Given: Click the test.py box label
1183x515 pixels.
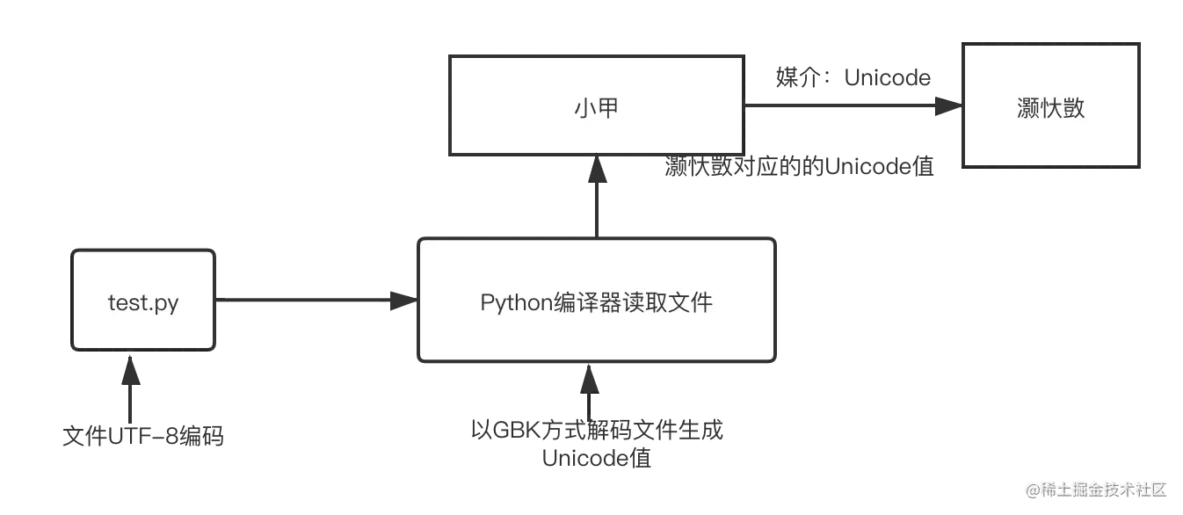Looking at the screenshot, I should pos(143,303).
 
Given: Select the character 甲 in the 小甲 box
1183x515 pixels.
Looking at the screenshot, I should pos(609,109).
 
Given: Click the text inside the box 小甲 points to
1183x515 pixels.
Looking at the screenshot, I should pos(1051,108).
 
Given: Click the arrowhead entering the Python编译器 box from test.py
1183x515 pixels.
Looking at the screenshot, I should pos(403,301).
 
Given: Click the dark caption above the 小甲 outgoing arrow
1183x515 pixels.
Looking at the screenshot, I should pos(853,79).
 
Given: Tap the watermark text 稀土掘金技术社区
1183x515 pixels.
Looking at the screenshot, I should pos(1103,489).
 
